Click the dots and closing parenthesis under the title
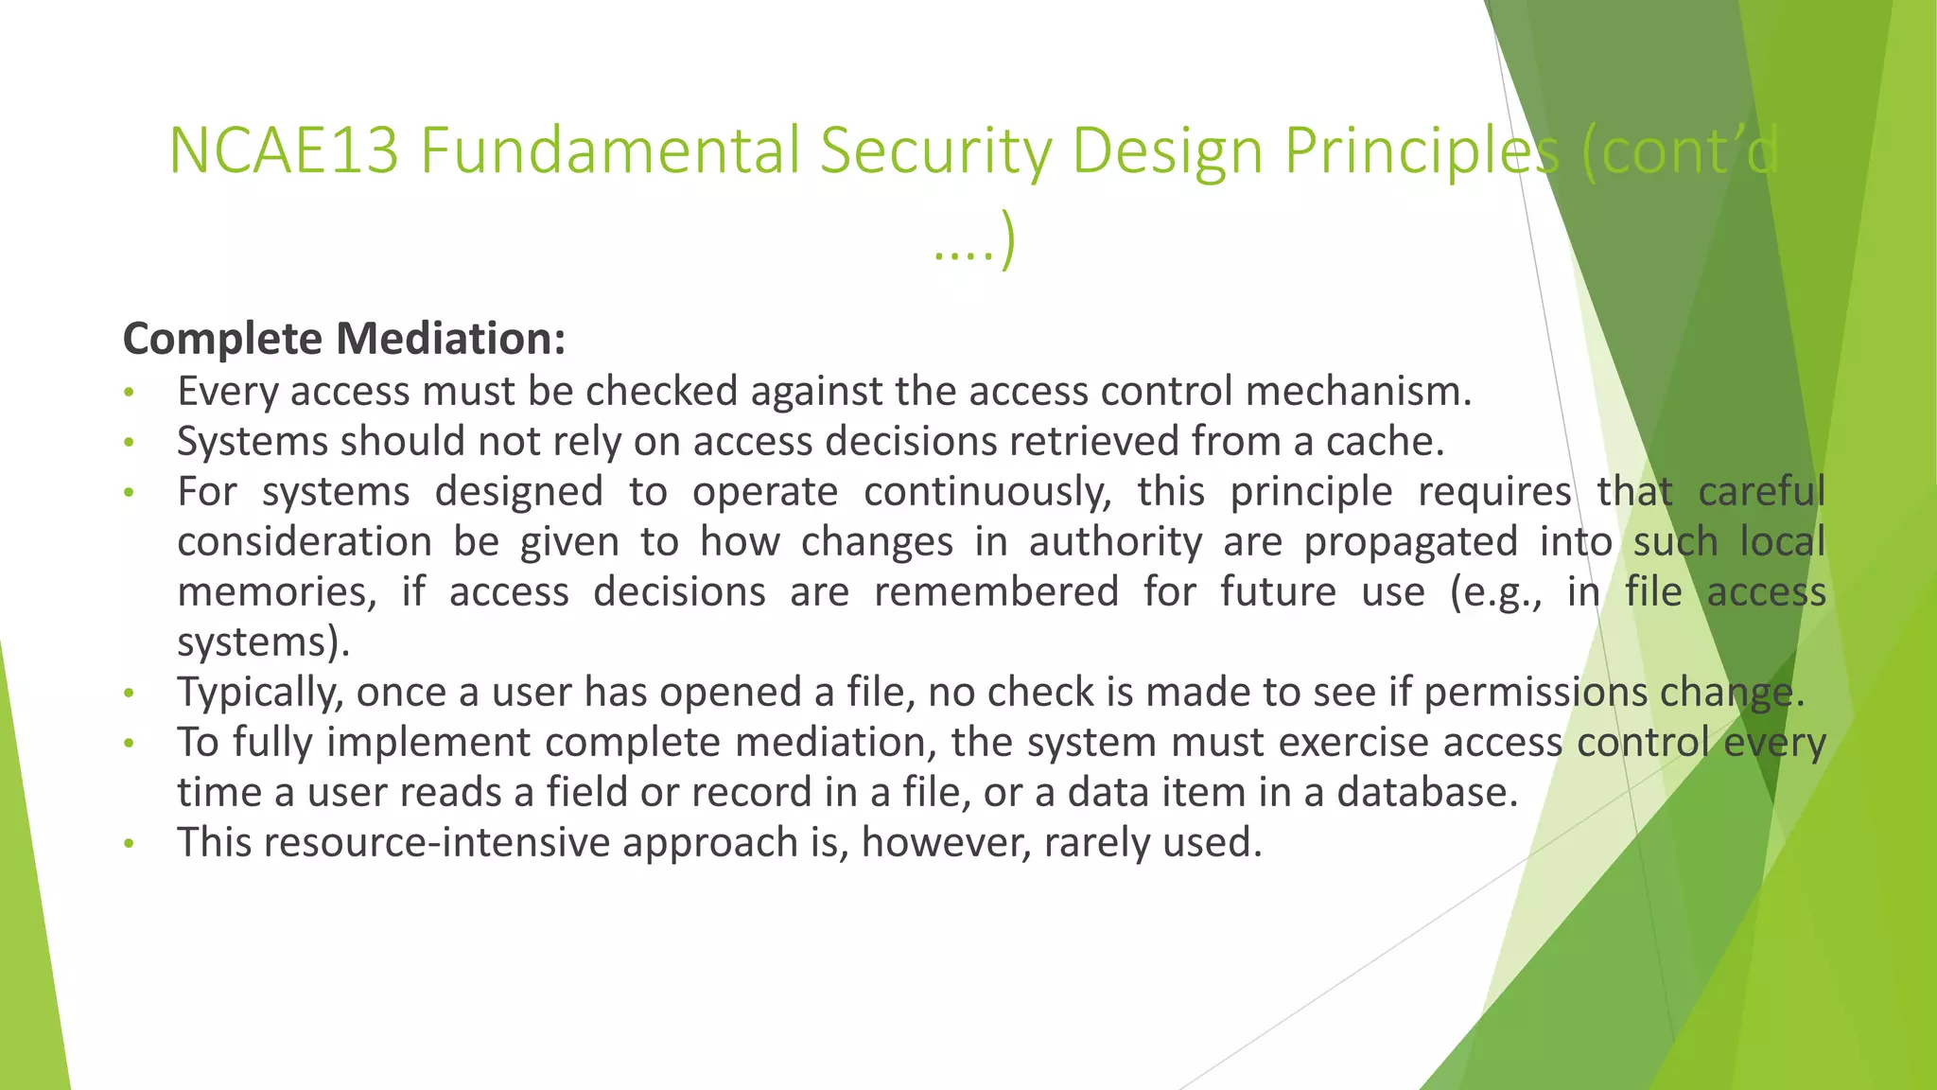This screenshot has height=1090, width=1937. coord(973,242)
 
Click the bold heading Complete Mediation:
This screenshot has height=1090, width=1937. coord(344,339)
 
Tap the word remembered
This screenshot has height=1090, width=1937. coord(996,592)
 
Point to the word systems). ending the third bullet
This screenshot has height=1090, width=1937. coord(264,642)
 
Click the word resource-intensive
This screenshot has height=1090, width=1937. coord(437,843)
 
